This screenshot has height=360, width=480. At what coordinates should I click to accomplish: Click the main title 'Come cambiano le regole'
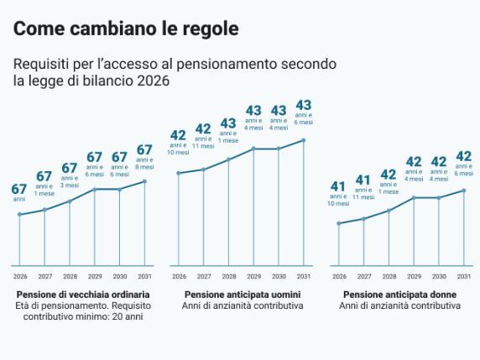point(126,28)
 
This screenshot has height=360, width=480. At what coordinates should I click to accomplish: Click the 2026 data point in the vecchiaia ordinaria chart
point(19,215)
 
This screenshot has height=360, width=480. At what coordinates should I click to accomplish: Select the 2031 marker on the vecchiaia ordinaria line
point(144,181)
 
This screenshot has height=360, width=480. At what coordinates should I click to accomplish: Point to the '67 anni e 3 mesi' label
point(70,177)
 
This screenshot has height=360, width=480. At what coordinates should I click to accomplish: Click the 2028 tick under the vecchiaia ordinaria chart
point(70,276)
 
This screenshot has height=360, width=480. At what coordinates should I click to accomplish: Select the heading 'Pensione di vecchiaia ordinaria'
point(83,295)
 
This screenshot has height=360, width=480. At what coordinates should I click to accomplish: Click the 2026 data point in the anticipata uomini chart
point(178,173)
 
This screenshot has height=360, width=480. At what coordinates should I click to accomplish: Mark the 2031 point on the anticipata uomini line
point(303,140)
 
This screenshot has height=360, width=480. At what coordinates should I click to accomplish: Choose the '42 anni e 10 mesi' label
point(178,143)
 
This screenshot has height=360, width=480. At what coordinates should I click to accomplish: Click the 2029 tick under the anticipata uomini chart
point(253,276)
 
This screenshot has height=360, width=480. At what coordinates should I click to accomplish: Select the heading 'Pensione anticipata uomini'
point(243,295)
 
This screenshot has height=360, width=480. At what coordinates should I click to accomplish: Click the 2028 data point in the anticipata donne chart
point(389,211)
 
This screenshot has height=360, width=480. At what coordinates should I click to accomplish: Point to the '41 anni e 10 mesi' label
point(338,195)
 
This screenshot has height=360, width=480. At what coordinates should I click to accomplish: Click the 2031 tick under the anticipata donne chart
point(463,276)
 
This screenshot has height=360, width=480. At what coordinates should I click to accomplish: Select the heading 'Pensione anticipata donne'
point(399,295)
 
